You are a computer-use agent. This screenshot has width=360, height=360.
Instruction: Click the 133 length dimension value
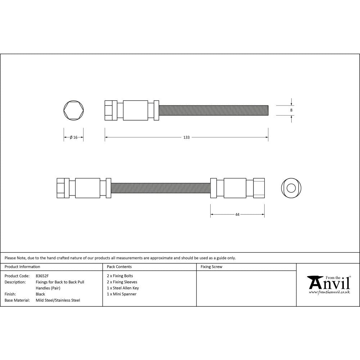click(x=186, y=137)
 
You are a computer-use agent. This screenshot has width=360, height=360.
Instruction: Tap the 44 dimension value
click(x=237, y=214)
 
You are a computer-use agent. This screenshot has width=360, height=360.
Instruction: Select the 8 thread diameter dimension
click(x=291, y=110)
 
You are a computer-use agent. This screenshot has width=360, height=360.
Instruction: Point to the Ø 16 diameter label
click(x=73, y=137)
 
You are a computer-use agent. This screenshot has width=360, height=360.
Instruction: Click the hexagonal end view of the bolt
click(x=74, y=110)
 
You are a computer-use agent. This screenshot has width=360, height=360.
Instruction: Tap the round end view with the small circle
click(x=291, y=188)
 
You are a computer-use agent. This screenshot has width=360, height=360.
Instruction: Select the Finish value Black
click(x=40, y=294)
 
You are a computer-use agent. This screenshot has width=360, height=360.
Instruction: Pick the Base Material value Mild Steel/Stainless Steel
click(x=58, y=300)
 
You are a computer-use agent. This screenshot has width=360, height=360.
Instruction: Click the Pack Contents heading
click(x=119, y=267)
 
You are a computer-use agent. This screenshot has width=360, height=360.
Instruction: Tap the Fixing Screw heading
click(x=211, y=267)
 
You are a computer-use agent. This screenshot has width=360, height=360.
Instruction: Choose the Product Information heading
click(x=22, y=267)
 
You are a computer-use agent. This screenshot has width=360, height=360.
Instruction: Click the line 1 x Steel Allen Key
click(x=123, y=288)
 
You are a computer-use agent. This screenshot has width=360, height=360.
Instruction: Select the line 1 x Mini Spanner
click(x=122, y=294)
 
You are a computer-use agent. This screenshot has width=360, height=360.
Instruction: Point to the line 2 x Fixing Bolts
click(x=120, y=276)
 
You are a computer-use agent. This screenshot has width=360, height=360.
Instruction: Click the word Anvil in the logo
click(x=329, y=283)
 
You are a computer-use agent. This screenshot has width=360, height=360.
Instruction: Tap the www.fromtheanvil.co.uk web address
click(x=329, y=292)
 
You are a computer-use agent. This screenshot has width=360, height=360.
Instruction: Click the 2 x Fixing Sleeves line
click(x=122, y=282)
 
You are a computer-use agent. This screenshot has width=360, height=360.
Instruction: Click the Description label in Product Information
click(x=15, y=282)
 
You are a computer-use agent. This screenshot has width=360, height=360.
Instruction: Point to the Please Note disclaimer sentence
click(x=120, y=258)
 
